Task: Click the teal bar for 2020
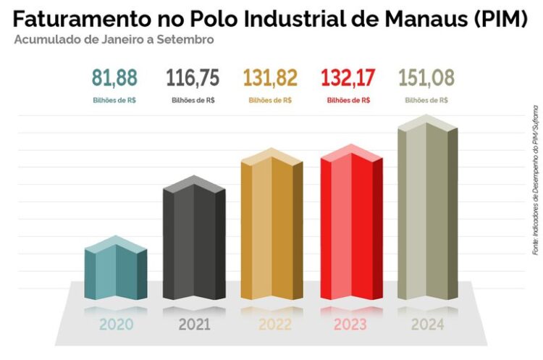click(116, 269)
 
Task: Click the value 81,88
click(114, 78)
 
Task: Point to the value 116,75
click(193, 78)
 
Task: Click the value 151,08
click(426, 78)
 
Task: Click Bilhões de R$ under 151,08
click(426, 100)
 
